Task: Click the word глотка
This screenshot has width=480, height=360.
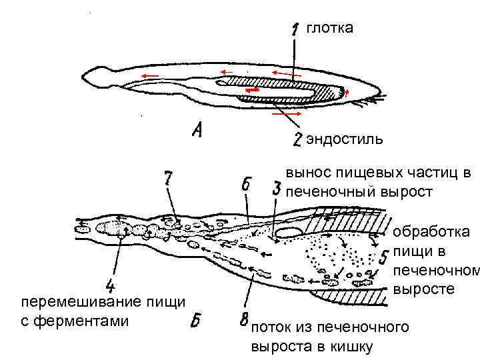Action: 329,27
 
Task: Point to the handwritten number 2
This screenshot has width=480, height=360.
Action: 298,139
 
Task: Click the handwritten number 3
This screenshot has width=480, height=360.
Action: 276,188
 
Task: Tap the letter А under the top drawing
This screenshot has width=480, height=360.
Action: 197,131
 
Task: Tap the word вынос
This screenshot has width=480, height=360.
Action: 305,173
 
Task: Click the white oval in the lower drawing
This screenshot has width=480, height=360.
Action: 289,232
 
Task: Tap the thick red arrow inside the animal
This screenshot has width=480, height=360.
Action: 252,89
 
